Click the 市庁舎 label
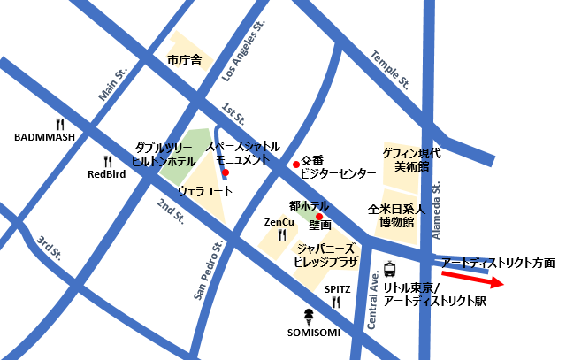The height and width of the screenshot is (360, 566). point(185,60)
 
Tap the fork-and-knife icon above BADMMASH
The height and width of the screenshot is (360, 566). point(60,124)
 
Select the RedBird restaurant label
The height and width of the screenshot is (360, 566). point(106,174)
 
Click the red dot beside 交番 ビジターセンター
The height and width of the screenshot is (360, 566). point(295,164)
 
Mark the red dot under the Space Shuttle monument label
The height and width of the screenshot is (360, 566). point(226,172)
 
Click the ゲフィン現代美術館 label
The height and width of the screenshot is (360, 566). point(411,159)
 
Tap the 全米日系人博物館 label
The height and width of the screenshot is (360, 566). point(397,216)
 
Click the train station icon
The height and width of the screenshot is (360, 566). point(390,269)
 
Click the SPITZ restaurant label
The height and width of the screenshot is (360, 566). point(336,289)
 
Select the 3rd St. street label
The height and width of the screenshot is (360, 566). point(49,249)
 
